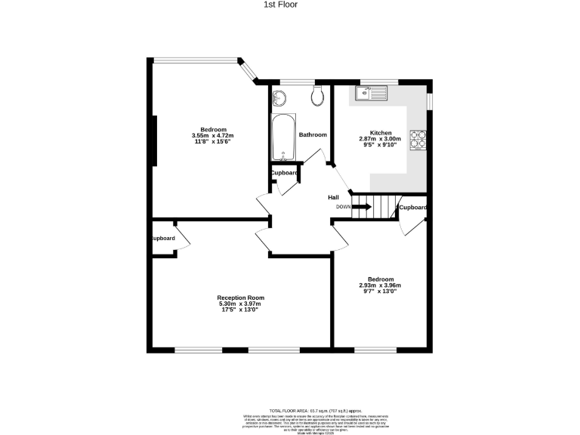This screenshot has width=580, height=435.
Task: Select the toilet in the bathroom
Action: coord(317,94)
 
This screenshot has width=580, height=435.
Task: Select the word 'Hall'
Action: coord(333,197)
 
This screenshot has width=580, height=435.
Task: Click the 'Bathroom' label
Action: coord(313,134)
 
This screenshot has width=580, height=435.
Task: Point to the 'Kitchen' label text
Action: coord(380,133)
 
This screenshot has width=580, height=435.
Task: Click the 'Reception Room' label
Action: coord(240,298)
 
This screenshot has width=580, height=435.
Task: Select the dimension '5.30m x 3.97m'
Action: coord(240,304)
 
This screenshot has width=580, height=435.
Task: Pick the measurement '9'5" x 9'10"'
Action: coord(380,145)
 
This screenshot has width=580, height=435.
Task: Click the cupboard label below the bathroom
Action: coord(284,173)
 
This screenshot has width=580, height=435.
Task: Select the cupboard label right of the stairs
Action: coord(412,207)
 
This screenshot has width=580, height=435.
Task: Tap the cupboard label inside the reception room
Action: coord(163,239)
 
